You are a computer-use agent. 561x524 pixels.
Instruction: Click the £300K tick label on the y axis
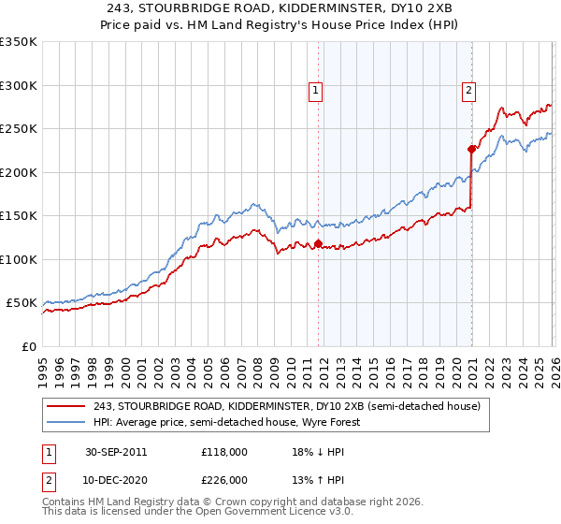tap(19, 85)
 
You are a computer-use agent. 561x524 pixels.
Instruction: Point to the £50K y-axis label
tap(22, 303)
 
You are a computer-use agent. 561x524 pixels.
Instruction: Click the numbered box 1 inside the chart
tap(317, 91)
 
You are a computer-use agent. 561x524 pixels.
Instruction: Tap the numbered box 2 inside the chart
tap(467, 91)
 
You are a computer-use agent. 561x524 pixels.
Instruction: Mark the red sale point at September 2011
tap(319, 243)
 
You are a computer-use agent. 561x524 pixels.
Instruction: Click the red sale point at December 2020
tap(471, 149)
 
